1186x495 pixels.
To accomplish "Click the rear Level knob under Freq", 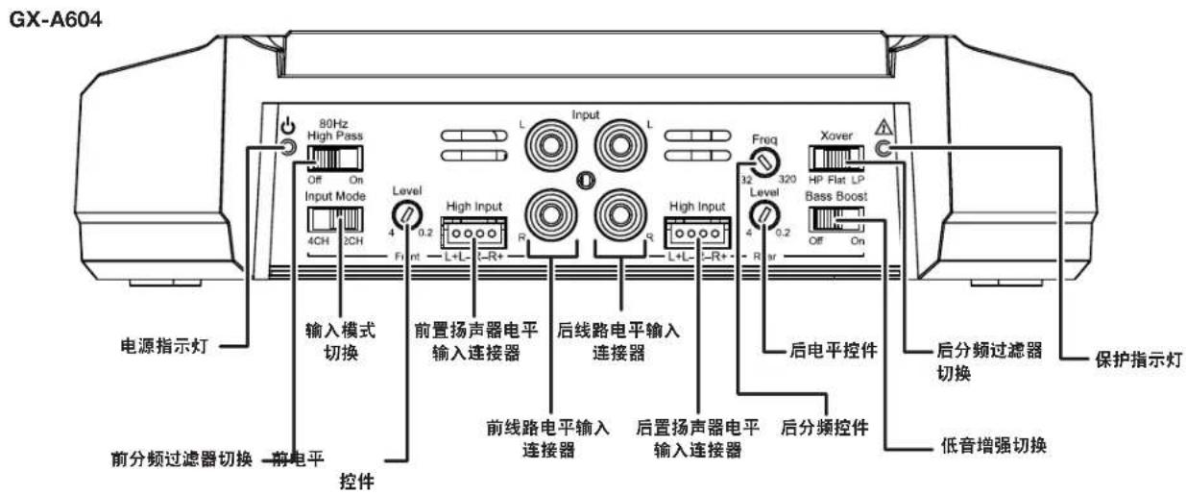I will pyautogui.click(x=763, y=215).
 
